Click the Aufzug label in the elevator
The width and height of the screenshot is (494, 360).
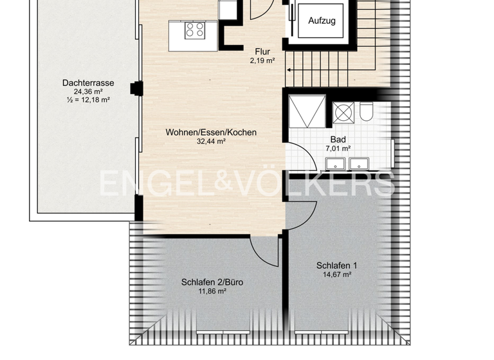pos(322,21)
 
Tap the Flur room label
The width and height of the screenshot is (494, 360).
pos(262,52)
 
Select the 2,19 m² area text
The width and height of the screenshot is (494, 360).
pos(262,61)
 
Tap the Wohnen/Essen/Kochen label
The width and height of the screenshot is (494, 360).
pos(211,132)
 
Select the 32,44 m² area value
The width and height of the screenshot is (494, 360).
pos(211,141)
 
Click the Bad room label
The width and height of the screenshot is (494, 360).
pos(338,139)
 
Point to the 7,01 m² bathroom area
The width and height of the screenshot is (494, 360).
pos(338,148)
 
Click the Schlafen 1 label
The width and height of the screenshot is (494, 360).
pos(336,265)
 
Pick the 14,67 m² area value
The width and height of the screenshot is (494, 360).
pos(336,274)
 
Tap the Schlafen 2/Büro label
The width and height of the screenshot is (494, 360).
pos(212,282)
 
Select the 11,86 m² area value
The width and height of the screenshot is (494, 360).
pos(212,291)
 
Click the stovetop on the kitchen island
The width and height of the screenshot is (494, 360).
pos(195,30)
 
